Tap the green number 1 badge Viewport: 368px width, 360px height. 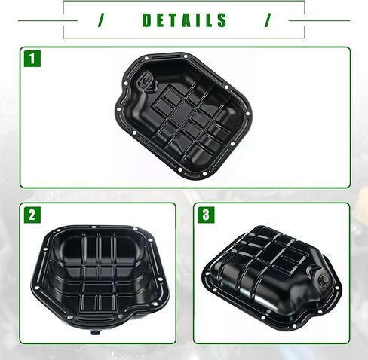[x=32, y=59]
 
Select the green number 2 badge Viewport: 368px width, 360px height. [x=32, y=215]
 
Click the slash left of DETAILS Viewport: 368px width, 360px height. [x=101, y=20]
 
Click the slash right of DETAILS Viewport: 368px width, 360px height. [x=268, y=20]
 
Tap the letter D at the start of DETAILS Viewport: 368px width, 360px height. [x=147, y=20]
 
